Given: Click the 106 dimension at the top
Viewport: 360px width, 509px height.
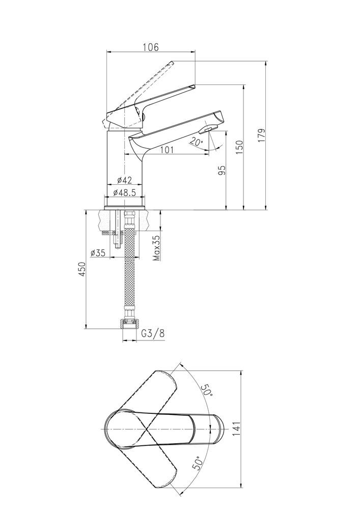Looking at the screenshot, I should click(151, 47).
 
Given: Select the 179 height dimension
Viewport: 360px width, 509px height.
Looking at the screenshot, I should click(261, 136).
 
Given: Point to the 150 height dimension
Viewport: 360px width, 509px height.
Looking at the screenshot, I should click(239, 146).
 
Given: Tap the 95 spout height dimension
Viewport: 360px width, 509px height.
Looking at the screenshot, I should click(221, 170).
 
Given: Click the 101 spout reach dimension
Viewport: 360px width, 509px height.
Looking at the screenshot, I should click(168, 150).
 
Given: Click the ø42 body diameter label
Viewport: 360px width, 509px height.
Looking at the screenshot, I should click(124, 180).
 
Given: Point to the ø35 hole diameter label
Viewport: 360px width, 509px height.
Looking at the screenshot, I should click(97, 253).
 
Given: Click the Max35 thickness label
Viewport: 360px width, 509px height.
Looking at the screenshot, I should click(156, 248).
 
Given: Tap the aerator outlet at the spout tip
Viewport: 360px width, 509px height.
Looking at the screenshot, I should click(208, 131).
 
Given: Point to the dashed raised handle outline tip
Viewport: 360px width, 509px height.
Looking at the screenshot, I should click(172, 63).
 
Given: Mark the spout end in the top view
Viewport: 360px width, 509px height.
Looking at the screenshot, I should click(219, 429).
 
